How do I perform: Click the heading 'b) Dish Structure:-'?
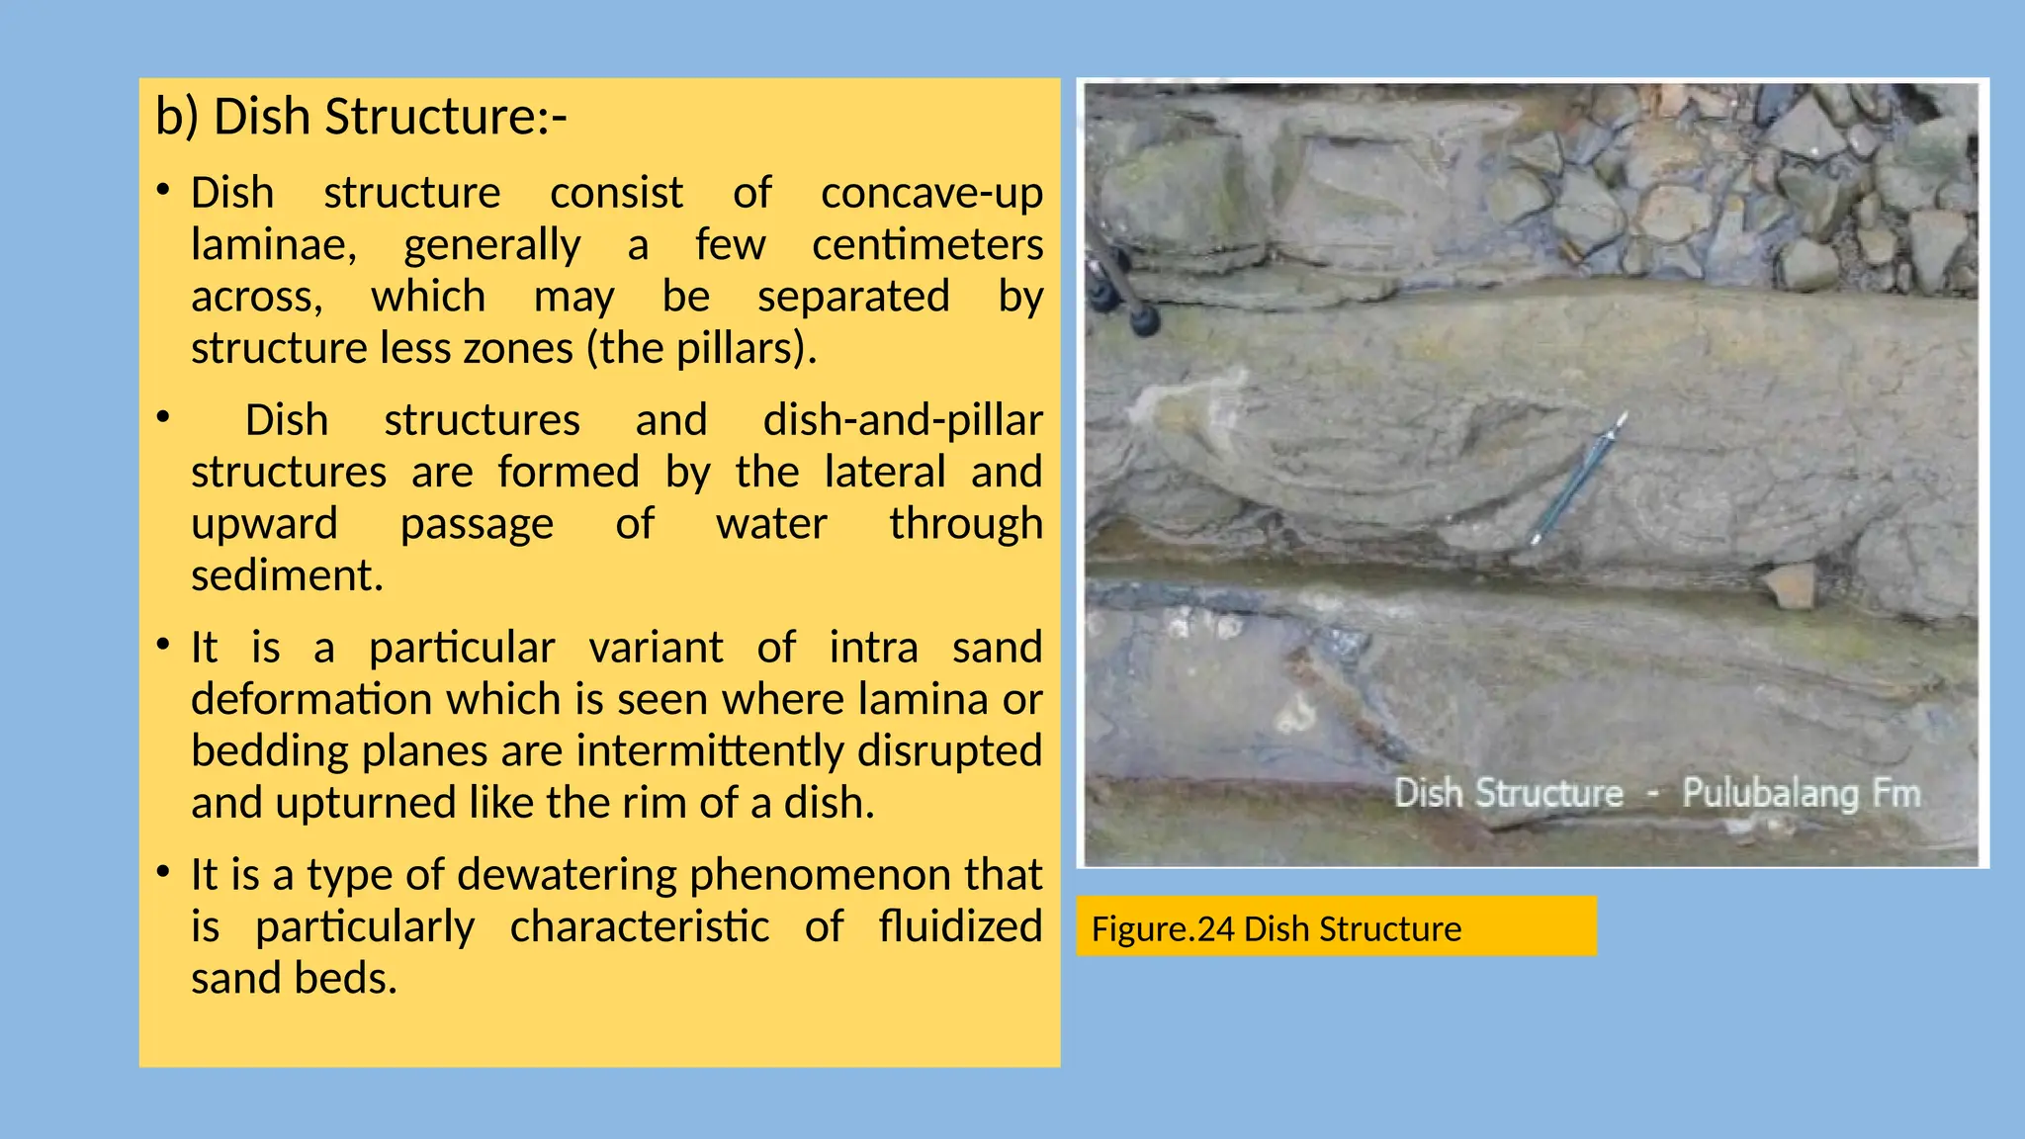click(x=361, y=117)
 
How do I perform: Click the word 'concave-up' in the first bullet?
click(x=931, y=193)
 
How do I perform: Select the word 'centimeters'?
click(x=927, y=244)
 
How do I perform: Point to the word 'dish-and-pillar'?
click(x=903, y=420)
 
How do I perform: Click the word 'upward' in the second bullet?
click(x=264, y=524)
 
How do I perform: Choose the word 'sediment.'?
click(x=287, y=575)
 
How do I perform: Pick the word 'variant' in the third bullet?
click(x=657, y=648)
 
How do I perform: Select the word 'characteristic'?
click(x=640, y=927)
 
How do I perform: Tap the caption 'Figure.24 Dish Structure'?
click(x=1276, y=929)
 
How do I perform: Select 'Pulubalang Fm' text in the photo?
click(x=1801, y=793)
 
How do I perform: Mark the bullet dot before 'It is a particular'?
click(x=164, y=646)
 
